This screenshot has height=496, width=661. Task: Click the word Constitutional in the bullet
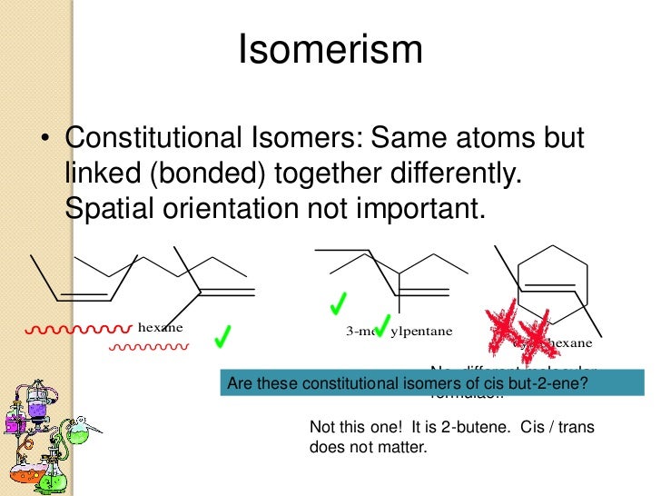click(153, 139)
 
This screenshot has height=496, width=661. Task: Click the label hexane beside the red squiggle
click(160, 327)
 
